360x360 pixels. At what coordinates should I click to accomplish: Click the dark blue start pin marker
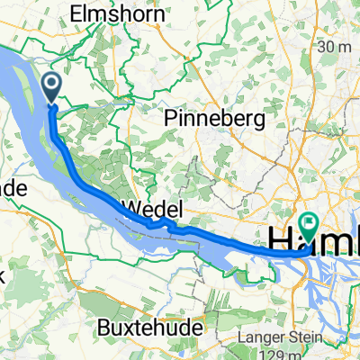(x=50, y=88)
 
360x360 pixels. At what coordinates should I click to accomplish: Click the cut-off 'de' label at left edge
(x=13, y=189)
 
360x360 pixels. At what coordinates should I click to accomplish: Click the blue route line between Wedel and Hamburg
(x=234, y=241)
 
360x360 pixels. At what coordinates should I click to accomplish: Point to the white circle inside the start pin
(x=50, y=85)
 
